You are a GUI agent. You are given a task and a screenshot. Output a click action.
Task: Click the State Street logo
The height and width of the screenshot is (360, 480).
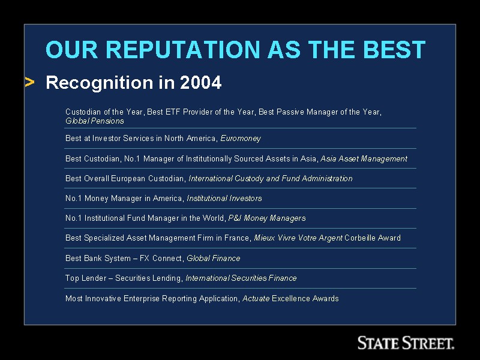pyautogui.click(x=406, y=343)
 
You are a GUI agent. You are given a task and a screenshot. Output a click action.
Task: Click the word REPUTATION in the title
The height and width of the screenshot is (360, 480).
pyautogui.click(x=183, y=49)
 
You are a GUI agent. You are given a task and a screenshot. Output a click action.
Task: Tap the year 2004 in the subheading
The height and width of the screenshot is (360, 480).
pyautogui.click(x=200, y=82)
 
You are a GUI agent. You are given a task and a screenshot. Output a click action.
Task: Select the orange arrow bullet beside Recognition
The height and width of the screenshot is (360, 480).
pyautogui.click(x=29, y=82)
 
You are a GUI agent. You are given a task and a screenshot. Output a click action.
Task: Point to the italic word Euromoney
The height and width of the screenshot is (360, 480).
pyautogui.click(x=241, y=139)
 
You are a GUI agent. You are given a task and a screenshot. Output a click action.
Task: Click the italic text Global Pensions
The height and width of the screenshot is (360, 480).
pyautogui.click(x=95, y=121)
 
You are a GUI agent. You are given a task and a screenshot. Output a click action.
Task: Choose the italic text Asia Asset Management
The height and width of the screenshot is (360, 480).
pyautogui.click(x=364, y=158)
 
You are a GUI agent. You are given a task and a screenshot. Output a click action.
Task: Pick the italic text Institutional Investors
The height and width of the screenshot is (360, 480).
pyautogui.click(x=224, y=199)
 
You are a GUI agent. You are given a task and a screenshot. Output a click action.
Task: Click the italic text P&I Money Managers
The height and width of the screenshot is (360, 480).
pyautogui.click(x=267, y=218)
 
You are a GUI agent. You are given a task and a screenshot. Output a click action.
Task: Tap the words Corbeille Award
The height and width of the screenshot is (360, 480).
pyautogui.click(x=373, y=238)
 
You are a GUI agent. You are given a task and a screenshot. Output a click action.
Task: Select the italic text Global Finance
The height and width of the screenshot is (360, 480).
pyautogui.click(x=214, y=258)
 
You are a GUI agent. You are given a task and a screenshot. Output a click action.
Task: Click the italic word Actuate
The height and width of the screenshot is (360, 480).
pyautogui.click(x=256, y=298)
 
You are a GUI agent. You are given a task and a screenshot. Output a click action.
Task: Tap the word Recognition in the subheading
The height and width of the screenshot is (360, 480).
pyautogui.click(x=100, y=83)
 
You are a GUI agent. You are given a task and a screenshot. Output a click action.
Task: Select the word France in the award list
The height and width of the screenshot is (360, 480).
pyautogui.click(x=238, y=238)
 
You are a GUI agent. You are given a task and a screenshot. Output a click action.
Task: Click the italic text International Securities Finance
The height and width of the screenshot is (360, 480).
pyautogui.click(x=241, y=278)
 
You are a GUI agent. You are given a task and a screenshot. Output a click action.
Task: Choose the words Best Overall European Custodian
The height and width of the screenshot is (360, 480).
pyautogui.click(x=125, y=178)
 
